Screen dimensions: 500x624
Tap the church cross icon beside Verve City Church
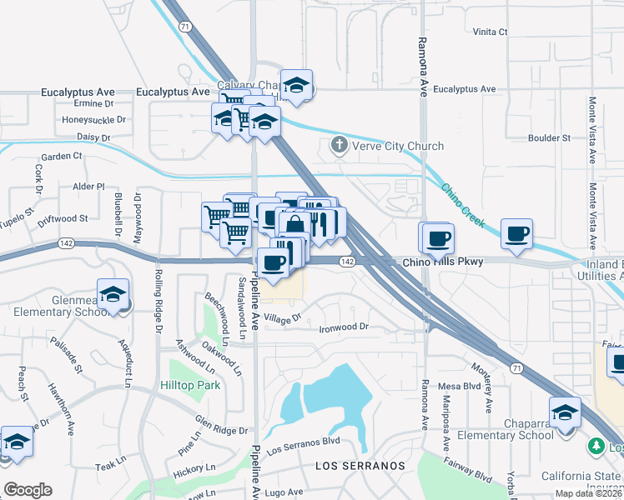coord(339,146)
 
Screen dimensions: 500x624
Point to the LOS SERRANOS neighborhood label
coord(360,466)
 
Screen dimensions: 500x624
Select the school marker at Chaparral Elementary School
coord(566,412)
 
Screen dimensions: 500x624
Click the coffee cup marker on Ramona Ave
coord(438,238)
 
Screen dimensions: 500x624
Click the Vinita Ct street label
coord(491,32)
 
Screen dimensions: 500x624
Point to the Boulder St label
coord(549,137)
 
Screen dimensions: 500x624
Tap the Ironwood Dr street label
coord(344,327)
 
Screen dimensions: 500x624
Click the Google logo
coord(28,490)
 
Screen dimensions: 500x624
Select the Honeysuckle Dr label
coord(93,119)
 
